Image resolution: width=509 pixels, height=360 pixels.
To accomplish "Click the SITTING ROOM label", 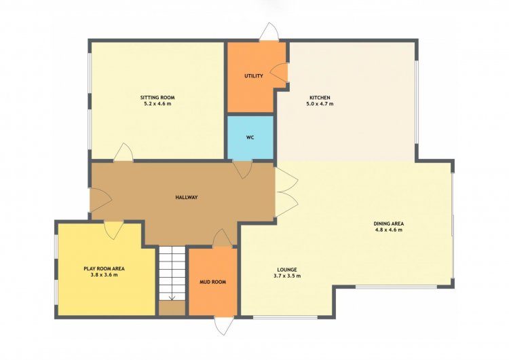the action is pyautogui.click(x=157, y=98).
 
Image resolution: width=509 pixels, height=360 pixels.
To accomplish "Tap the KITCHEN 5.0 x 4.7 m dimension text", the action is pyautogui.click(x=320, y=104).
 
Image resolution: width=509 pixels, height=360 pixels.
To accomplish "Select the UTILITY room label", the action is pyautogui.click(x=254, y=76).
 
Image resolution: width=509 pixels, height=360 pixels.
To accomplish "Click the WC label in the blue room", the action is pyautogui.click(x=250, y=137).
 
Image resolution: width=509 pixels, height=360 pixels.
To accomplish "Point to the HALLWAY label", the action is pyautogui.click(x=187, y=197).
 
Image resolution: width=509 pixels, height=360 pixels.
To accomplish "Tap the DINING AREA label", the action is pyautogui.click(x=389, y=223).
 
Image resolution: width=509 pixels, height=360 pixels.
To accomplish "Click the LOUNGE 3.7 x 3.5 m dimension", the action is pyautogui.click(x=287, y=276).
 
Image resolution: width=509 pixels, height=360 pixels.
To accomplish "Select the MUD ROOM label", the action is pyautogui.click(x=212, y=282).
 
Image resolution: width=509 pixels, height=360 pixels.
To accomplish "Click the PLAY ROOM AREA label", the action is pyautogui.click(x=105, y=269).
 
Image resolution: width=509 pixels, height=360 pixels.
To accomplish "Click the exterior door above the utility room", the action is pyautogui.click(x=269, y=32).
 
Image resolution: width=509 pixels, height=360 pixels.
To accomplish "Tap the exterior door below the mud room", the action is pyautogui.click(x=224, y=325).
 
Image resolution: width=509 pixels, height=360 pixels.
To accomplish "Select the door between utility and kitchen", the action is pyautogui.click(x=279, y=73).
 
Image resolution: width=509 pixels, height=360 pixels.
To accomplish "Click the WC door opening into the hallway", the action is pyautogui.click(x=242, y=169).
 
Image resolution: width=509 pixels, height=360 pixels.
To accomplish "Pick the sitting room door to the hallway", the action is pyautogui.click(x=124, y=152).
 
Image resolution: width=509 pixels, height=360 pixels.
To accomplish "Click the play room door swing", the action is pyautogui.click(x=113, y=230).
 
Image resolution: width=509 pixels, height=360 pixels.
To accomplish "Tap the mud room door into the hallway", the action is pyautogui.click(x=223, y=238).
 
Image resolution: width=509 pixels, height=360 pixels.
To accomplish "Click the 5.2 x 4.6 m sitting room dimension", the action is pyautogui.click(x=157, y=104).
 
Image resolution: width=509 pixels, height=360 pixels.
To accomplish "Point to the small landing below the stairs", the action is pyautogui.click(x=172, y=308).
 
